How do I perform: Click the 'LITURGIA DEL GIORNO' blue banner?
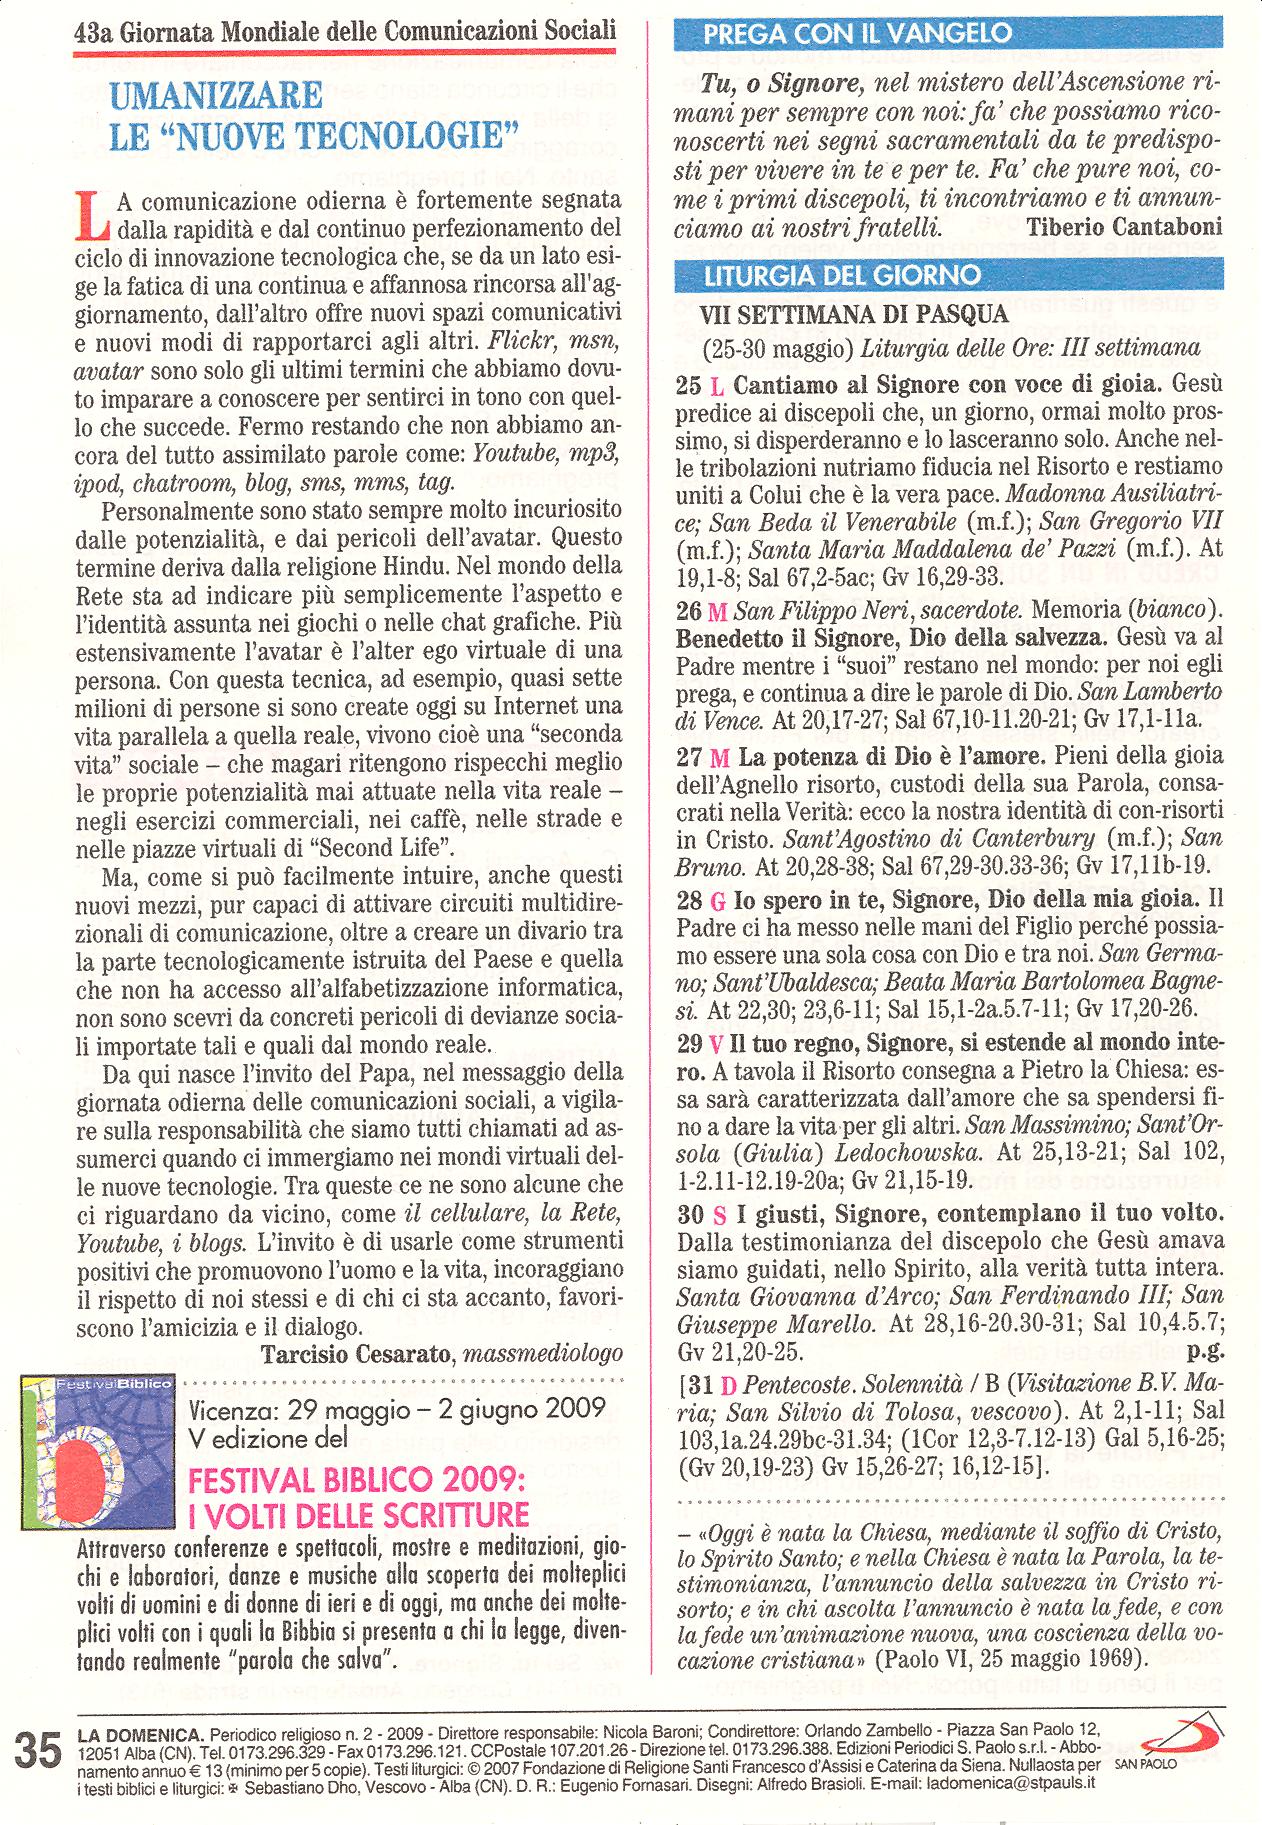tap(842, 275)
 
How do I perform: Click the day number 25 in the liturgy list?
tap(688, 384)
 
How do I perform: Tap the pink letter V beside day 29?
tap(715, 1044)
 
